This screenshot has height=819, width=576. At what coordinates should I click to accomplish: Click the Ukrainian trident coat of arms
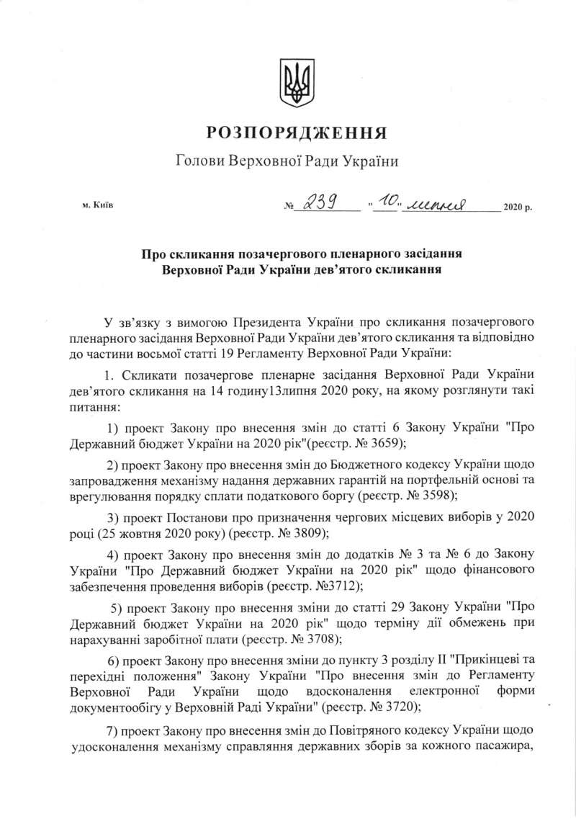pyautogui.click(x=295, y=85)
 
